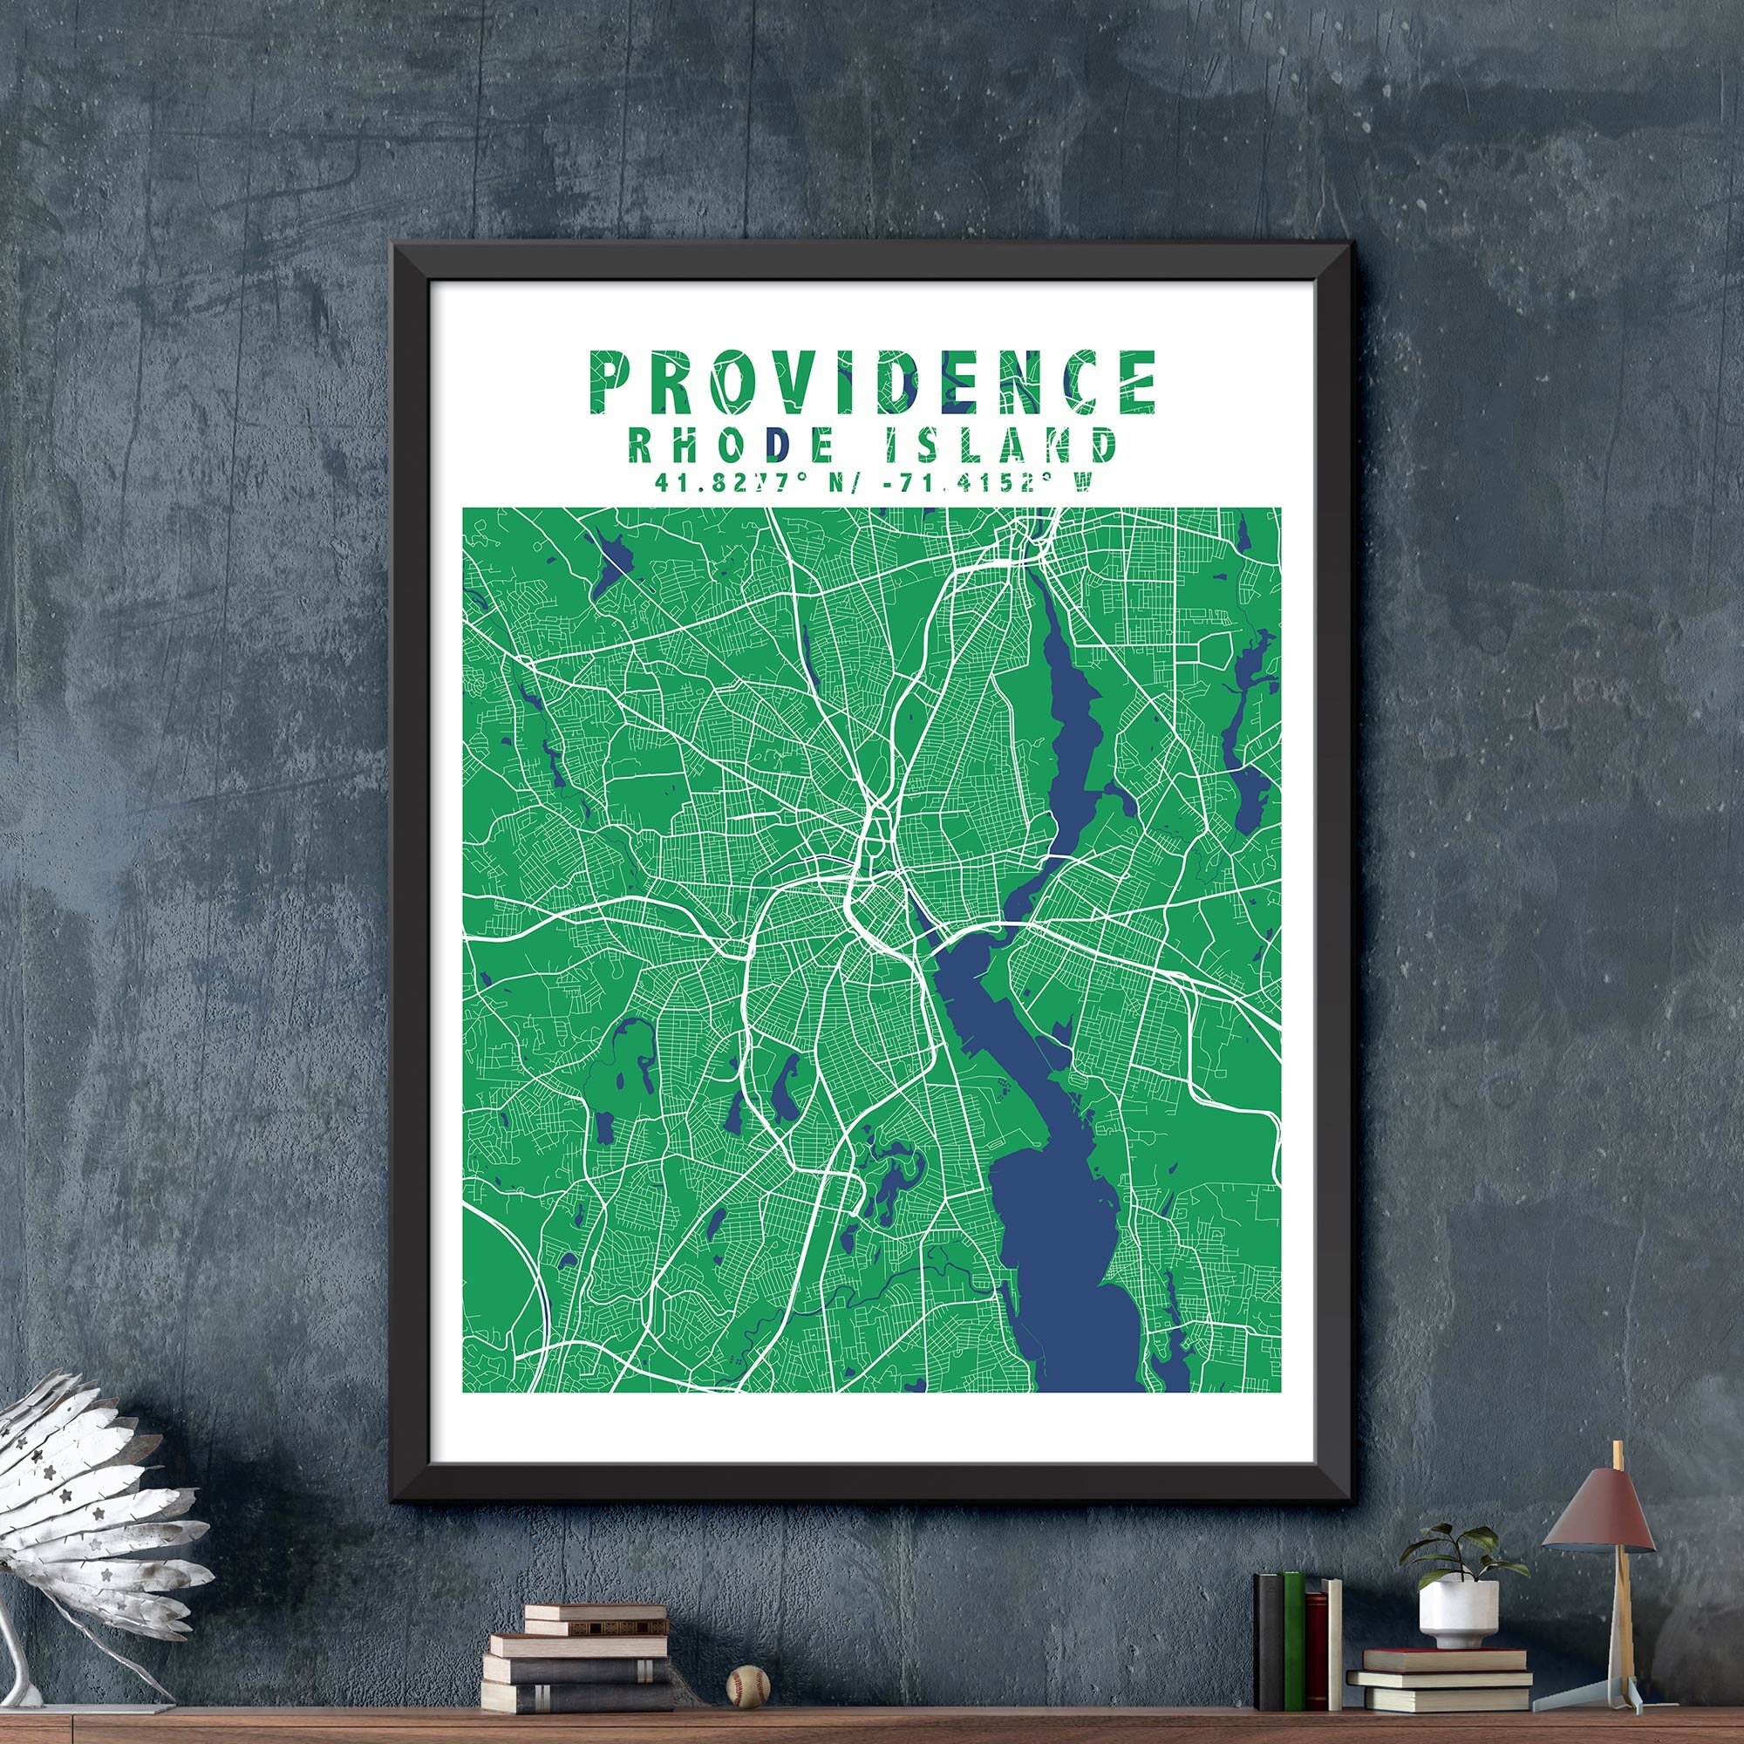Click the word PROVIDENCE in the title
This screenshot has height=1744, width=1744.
pos(872,382)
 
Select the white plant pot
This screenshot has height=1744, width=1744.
pos(1458,1615)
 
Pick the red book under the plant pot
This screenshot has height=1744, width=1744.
pos(1442,1659)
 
